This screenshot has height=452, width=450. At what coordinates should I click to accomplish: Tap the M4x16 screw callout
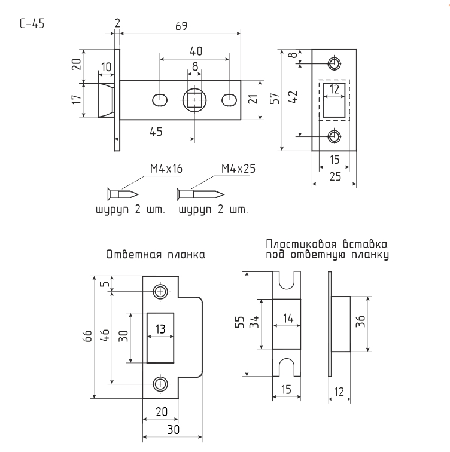pyautogui.click(x=166, y=169)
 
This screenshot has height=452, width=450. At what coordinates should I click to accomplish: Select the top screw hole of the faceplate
pyautogui.click(x=335, y=63)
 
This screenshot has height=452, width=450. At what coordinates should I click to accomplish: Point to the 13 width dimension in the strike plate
pyautogui.click(x=160, y=328)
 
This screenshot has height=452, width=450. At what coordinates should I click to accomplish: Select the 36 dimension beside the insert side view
pyautogui.click(x=377, y=326)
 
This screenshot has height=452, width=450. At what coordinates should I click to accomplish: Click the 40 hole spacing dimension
pyautogui.click(x=195, y=51)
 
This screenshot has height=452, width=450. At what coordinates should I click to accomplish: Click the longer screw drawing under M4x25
pyautogui.click(x=200, y=194)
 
